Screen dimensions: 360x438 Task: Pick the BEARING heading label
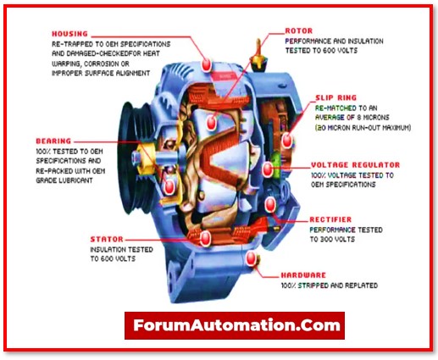coord(53,140)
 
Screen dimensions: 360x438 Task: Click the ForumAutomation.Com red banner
coord(234,324)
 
